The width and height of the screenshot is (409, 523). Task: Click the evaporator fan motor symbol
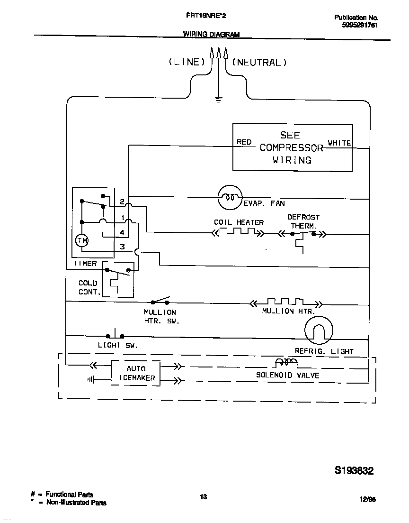point(230,197)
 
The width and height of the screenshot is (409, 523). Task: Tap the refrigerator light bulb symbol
point(319,330)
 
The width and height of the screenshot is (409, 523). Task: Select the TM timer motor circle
point(82,241)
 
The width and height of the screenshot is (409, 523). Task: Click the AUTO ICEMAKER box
point(136,373)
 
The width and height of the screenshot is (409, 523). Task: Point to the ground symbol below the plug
point(218,99)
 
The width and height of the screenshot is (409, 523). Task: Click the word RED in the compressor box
point(244,142)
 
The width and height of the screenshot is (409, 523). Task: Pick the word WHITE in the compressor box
point(339,143)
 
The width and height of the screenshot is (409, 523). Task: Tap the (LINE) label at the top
point(187,62)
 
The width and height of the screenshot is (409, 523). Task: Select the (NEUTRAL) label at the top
point(259,62)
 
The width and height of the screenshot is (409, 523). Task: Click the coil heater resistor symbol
point(238,232)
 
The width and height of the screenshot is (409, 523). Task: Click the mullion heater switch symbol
point(160,301)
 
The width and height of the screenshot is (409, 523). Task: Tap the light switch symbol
point(115,335)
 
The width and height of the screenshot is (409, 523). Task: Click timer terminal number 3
point(122,247)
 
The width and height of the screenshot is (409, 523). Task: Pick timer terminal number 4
point(122,232)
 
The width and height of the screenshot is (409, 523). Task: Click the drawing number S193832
point(354,470)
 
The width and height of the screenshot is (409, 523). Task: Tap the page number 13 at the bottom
point(203,497)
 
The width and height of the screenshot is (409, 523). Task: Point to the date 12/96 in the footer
point(367,499)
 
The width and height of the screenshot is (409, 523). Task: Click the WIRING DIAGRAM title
point(211,34)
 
